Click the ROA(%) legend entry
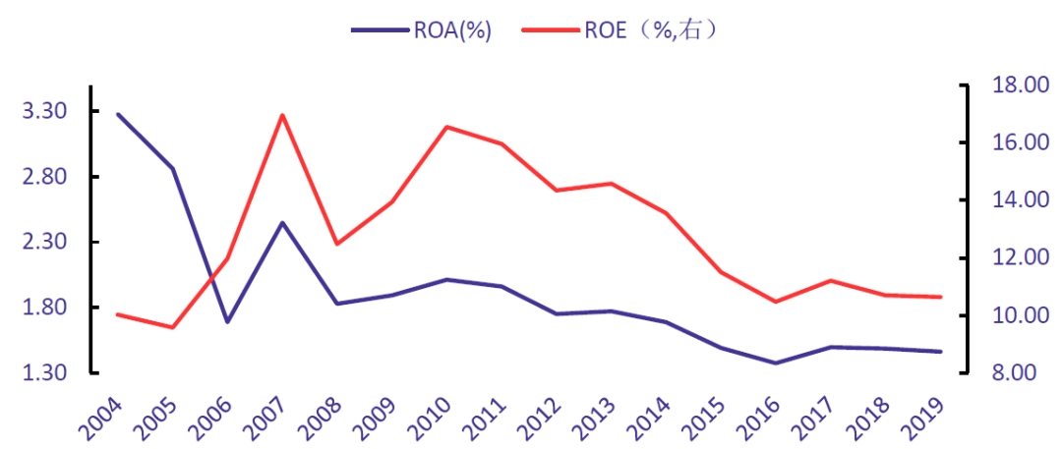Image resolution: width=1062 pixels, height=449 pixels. (x=421, y=29)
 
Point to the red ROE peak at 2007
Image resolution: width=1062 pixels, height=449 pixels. (x=282, y=115)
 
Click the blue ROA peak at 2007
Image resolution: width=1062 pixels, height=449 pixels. (x=282, y=222)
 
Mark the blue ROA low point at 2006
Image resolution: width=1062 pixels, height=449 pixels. (x=227, y=321)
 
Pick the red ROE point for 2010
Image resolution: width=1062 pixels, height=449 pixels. (x=446, y=127)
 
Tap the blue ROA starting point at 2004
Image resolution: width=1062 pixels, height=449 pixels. (x=118, y=114)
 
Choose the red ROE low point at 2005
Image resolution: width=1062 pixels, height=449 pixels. (x=173, y=327)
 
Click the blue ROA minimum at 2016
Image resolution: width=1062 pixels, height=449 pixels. (x=776, y=364)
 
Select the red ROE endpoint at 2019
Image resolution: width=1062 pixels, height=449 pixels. (x=940, y=297)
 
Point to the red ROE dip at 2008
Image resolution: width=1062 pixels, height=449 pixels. (x=337, y=244)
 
